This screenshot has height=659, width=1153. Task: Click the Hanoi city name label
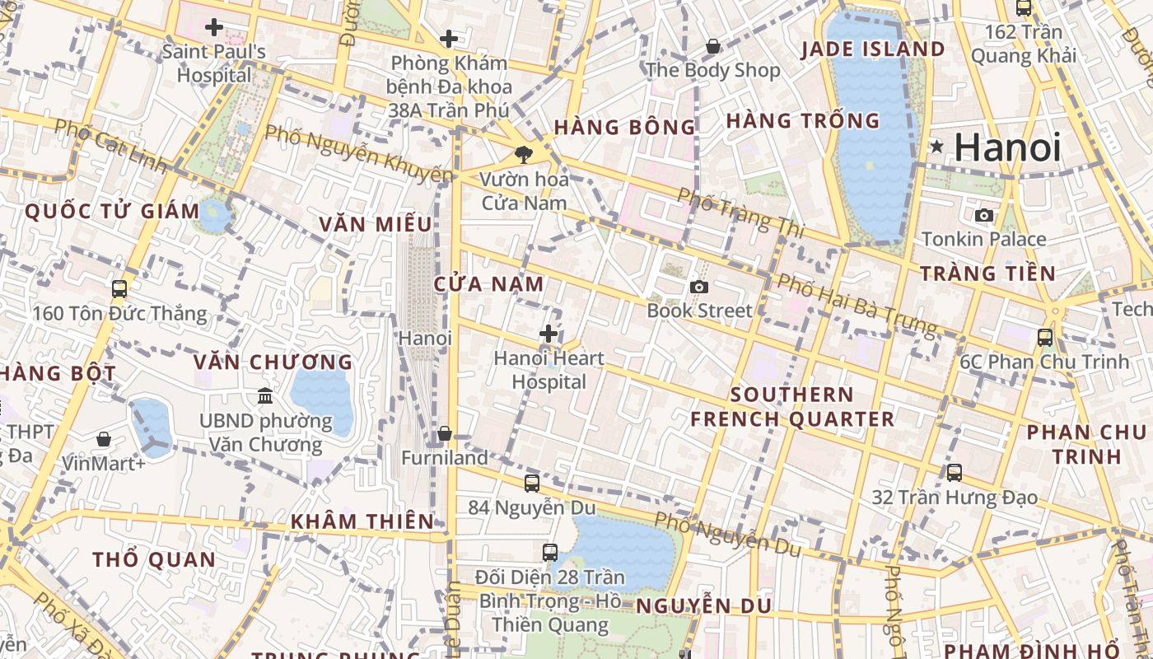tap(1007, 147)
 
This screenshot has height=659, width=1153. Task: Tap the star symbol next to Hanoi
tap(936, 147)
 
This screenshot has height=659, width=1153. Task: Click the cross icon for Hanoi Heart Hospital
tap(548, 334)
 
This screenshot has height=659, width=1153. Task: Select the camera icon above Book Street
tap(698, 287)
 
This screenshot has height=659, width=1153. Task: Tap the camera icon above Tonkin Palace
tap(983, 215)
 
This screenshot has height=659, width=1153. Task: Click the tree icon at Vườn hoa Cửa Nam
tap(522, 155)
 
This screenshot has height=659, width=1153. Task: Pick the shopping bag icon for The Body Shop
tap(712, 46)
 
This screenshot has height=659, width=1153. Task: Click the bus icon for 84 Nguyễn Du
tap(532, 484)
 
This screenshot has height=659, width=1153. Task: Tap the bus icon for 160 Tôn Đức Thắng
tap(119, 289)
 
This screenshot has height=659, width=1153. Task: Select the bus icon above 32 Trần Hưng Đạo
tap(954, 473)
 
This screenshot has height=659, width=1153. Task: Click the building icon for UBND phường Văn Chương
tap(265, 397)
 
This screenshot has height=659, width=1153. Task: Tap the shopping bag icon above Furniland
tap(445, 433)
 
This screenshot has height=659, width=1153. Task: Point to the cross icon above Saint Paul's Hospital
tap(214, 27)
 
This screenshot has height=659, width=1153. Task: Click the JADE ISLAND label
tap(873, 49)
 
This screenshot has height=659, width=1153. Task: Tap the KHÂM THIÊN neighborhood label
tap(362, 521)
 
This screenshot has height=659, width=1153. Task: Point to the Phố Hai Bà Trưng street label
tap(857, 306)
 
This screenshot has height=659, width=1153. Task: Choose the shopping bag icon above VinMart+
tap(104, 439)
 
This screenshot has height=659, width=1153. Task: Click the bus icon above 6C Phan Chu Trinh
tap(1044, 337)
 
